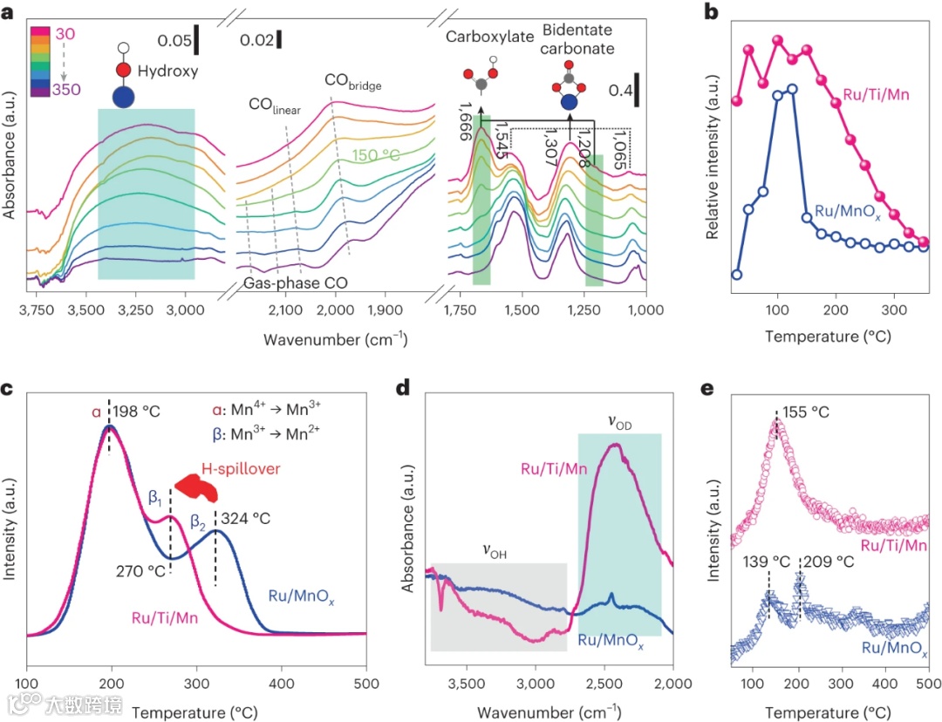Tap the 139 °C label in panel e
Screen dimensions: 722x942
coord(761,562)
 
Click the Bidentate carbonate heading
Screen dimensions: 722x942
coord(578,39)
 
